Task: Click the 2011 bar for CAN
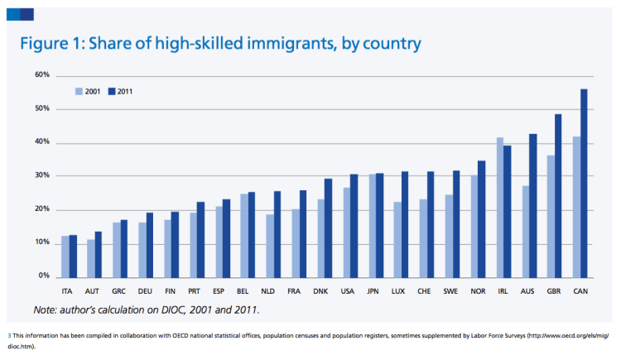pyautogui.click(x=584, y=182)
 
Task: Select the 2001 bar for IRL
pyautogui.click(x=500, y=207)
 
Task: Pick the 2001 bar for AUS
pyautogui.click(x=526, y=231)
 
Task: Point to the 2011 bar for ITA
pyautogui.click(x=74, y=256)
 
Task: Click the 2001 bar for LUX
pyautogui.click(x=398, y=239)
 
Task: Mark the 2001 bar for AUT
pyautogui.click(x=91, y=258)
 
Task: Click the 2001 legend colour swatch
pyautogui.click(x=79, y=91)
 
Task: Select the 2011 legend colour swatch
pyautogui.click(x=112, y=91)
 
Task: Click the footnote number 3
pyautogui.click(x=9, y=336)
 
